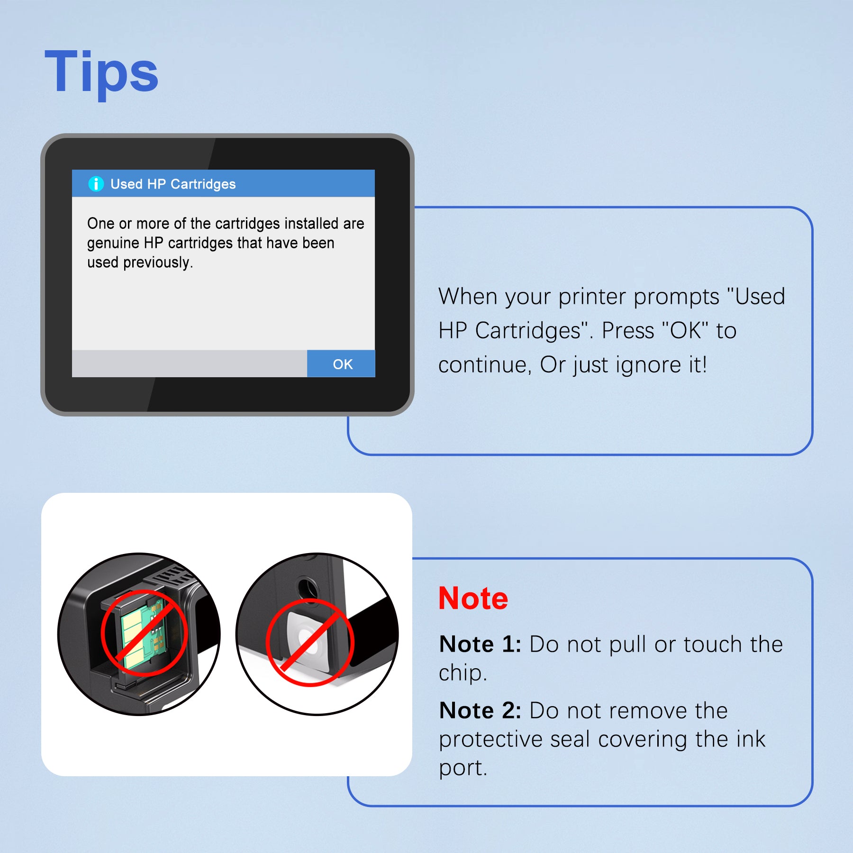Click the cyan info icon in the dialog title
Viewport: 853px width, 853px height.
(96, 183)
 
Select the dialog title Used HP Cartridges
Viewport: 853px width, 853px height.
(173, 184)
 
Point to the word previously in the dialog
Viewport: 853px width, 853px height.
(158, 263)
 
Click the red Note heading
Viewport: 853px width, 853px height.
(473, 598)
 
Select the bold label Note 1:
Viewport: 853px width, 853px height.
(480, 644)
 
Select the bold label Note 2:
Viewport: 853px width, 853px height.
(480, 711)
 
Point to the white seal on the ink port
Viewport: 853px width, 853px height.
(308, 640)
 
